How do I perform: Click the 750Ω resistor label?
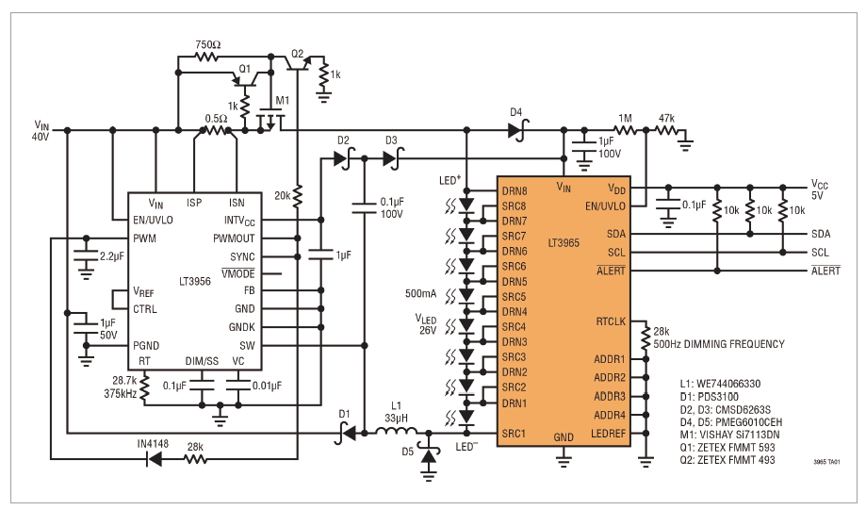[x=208, y=44]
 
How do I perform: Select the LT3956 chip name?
[x=195, y=281]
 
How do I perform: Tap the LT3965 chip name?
[x=564, y=242]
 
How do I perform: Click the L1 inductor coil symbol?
[x=397, y=431]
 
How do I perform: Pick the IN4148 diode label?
[x=153, y=444]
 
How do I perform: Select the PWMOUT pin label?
[x=234, y=239]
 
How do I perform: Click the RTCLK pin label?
[x=611, y=321]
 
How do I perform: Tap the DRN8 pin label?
[x=515, y=191]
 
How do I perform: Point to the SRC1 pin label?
[x=513, y=434]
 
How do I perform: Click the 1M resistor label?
[x=625, y=118]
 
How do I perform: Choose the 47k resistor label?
[x=666, y=118]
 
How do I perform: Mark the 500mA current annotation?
[x=421, y=294]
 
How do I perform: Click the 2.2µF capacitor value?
[x=112, y=256]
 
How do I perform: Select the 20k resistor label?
[x=282, y=195]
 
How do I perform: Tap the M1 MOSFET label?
[x=282, y=101]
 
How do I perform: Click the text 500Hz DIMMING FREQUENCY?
[x=719, y=344]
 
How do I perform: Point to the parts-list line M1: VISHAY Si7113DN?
[x=729, y=435]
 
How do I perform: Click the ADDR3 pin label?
[x=610, y=397]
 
